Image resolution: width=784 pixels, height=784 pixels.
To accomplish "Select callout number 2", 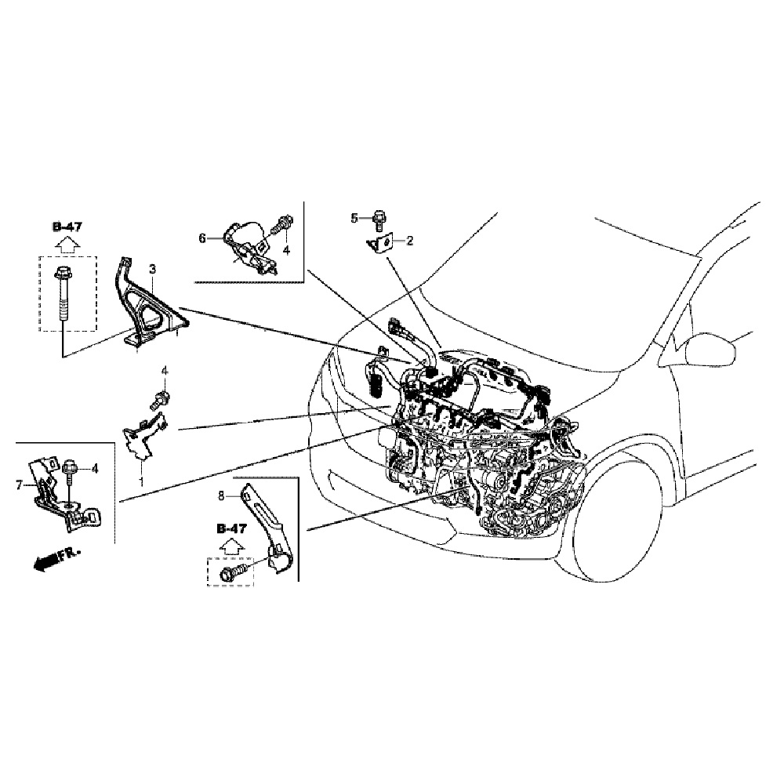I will point(409,241).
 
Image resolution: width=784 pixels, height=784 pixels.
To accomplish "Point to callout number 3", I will point(153,269).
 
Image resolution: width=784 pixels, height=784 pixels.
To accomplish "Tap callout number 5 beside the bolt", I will point(354,217).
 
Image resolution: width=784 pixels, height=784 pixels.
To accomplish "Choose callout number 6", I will point(201,238).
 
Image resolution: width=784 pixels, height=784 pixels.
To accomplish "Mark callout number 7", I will point(20,485).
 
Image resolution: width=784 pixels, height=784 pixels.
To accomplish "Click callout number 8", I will point(222,495).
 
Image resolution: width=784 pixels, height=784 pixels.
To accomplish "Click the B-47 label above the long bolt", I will point(67,227).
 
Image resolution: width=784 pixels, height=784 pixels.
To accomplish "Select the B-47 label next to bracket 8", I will point(232,528).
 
